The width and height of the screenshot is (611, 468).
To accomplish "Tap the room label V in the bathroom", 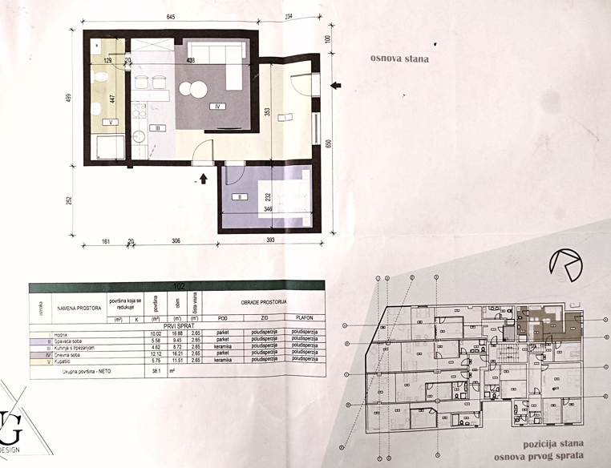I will tap(111, 122).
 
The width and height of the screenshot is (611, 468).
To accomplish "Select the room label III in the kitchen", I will tap(160, 127).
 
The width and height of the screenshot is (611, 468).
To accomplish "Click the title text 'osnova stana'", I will tap(399, 58).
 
